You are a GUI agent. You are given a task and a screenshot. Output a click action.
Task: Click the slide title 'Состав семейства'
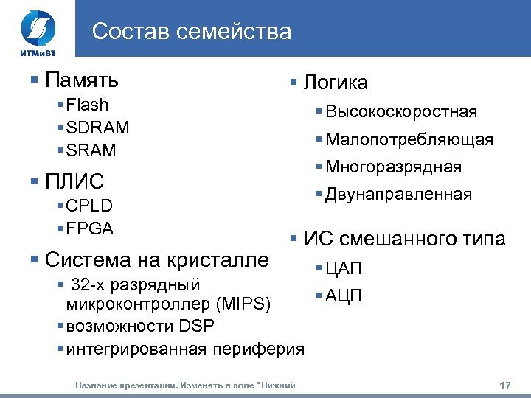[192, 32]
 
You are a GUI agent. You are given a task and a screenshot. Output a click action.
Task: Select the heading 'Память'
[81, 79]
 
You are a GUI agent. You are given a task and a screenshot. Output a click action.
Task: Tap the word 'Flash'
[87, 105]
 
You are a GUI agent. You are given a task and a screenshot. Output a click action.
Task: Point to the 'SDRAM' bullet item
[97, 128]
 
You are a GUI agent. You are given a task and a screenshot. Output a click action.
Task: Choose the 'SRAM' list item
[91, 150]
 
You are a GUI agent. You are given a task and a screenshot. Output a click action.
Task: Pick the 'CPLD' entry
[89, 206]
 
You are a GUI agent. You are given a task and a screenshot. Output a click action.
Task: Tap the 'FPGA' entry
[89, 228]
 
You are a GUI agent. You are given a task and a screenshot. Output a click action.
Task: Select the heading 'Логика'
[335, 83]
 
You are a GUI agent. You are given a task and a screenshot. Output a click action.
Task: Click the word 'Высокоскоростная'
[401, 112]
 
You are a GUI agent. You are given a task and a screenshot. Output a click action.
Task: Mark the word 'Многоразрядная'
[394, 167]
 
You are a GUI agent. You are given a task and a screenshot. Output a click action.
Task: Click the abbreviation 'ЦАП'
[344, 269]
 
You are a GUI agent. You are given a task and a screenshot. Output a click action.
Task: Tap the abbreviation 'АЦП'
[344, 296]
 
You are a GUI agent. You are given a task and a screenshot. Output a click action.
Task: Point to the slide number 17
[505, 385]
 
